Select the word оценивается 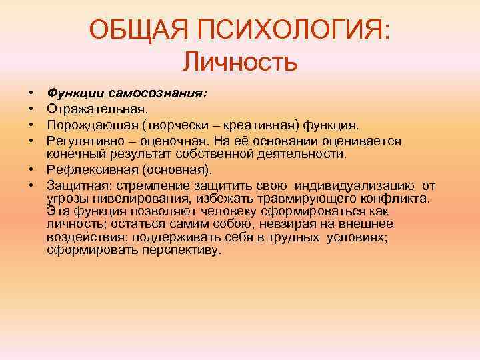(363, 141)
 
